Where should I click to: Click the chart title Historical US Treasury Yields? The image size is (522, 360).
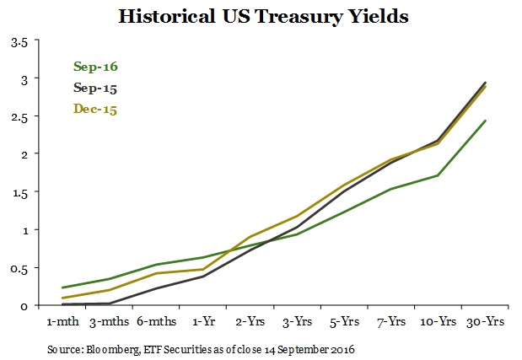pyautogui.click(x=261, y=16)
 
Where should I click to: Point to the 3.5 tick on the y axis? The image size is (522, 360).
pyautogui.click(x=18, y=40)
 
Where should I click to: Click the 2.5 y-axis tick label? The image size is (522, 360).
pyautogui.click(x=18, y=116)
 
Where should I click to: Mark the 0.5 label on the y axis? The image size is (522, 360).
pyautogui.click(x=18, y=268)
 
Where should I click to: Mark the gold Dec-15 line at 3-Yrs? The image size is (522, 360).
pyautogui.click(x=296, y=216)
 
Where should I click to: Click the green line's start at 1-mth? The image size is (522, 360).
pyautogui.click(x=62, y=287)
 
